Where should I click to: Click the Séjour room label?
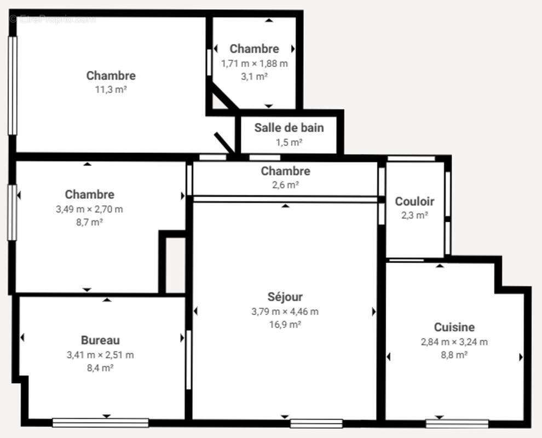pyautogui.click(x=285, y=297)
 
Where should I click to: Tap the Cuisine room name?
pyautogui.click(x=454, y=327)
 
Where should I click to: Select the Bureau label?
pyautogui.click(x=100, y=341)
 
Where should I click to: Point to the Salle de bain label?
pyautogui.click(x=289, y=128)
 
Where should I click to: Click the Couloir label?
pyautogui.click(x=414, y=201)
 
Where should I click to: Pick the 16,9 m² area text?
pyautogui.click(x=285, y=325)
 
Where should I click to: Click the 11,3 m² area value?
pyautogui.click(x=111, y=89)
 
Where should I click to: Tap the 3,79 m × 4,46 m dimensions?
pyautogui.click(x=285, y=312)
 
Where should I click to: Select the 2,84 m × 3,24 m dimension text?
pyautogui.click(x=454, y=342)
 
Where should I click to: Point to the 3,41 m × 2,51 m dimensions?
pyautogui.click(x=100, y=355)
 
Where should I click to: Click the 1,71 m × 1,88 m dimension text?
pyautogui.click(x=254, y=63)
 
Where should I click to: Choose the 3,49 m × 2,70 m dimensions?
pyautogui.click(x=89, y=209)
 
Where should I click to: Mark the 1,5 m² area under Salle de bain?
pyautogui.click(x=289, y=142)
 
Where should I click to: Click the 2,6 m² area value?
pyautogui.click(x=285, y=185)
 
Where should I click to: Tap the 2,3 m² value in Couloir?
pyautogui.click(x=414, y=215)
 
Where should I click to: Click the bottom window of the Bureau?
pyautogui.click(x=100, y=423)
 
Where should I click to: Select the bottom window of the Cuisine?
pyautogui.click(x=457, y=423)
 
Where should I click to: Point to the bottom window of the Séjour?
pyautogui.click(x=316, y=423)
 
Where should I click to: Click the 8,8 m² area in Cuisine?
pyautogui.click(x=454, y=355)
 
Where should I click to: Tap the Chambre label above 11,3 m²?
pyautogui.click(x=111, y=76)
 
